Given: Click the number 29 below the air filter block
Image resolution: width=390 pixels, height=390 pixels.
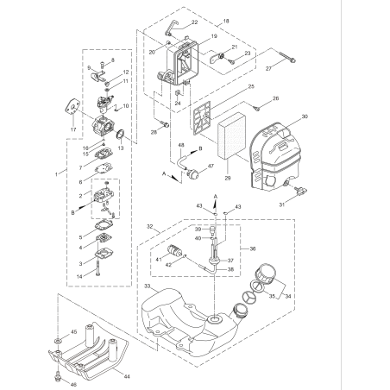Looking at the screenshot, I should tap(228, 178).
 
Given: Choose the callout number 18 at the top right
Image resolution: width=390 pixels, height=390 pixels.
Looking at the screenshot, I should tap(226, 20).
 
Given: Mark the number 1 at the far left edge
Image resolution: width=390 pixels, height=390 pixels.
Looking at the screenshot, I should tap(56, 173).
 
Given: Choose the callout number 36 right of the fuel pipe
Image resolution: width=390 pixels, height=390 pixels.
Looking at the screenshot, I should tap(252, 248).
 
